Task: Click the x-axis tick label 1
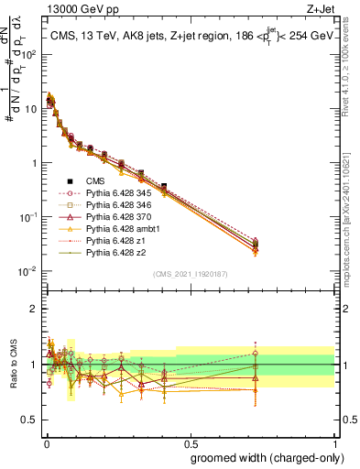[336, 442]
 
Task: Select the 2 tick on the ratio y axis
[33, 309]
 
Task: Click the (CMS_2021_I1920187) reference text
[190, 274]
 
